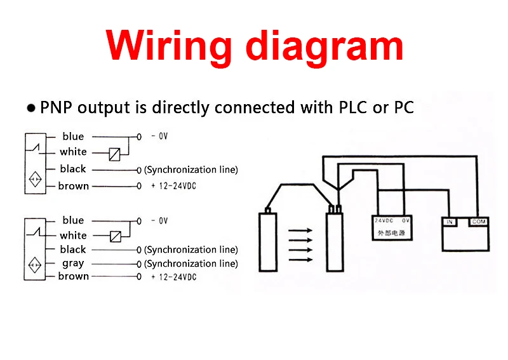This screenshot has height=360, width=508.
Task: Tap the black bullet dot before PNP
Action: tap(31, 109)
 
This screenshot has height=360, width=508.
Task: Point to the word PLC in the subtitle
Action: tap(351, 107)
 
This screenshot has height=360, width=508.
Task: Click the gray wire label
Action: tap(73, 263)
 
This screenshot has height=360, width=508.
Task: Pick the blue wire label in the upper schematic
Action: tap(73, 137)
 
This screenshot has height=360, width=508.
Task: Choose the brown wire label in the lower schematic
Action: tap(74, 276)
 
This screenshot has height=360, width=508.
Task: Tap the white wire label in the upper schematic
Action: tap(73, 152)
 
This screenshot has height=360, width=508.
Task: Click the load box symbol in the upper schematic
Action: tap(114, 154)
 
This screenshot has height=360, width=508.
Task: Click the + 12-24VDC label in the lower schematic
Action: tap(173, 277)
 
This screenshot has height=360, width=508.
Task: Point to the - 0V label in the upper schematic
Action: tap(159, 137)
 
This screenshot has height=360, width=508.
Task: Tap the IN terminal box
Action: tap(450, 222)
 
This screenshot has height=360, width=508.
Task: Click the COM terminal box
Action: tap(478, 222)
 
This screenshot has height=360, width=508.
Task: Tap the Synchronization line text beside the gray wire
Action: tap(191, 263)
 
